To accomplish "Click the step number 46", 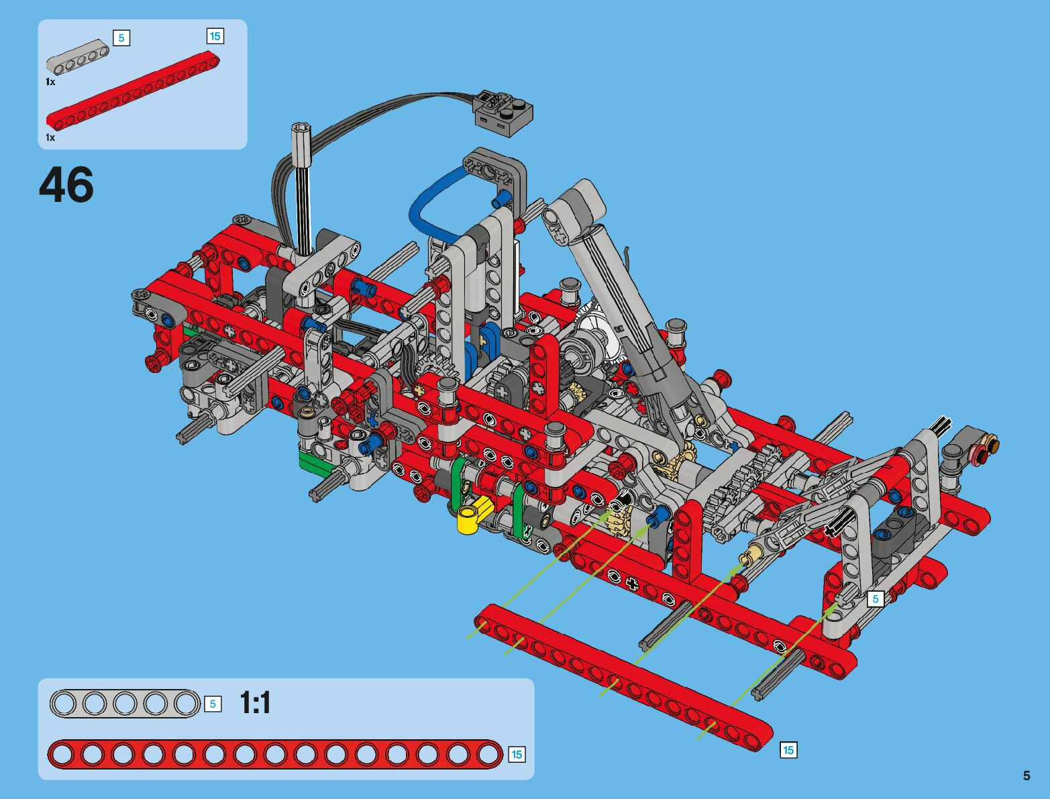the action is coord(66,184).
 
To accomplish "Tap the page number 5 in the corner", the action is coord(1026,776).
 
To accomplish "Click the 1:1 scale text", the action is coord(255,703).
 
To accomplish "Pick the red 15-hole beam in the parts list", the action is coord(133,91).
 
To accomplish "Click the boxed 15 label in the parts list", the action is coord(215,36).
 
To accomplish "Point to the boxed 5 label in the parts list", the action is coord(121,38).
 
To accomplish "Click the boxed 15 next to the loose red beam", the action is coord(788,750).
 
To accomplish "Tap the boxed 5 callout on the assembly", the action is coord(876,598).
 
